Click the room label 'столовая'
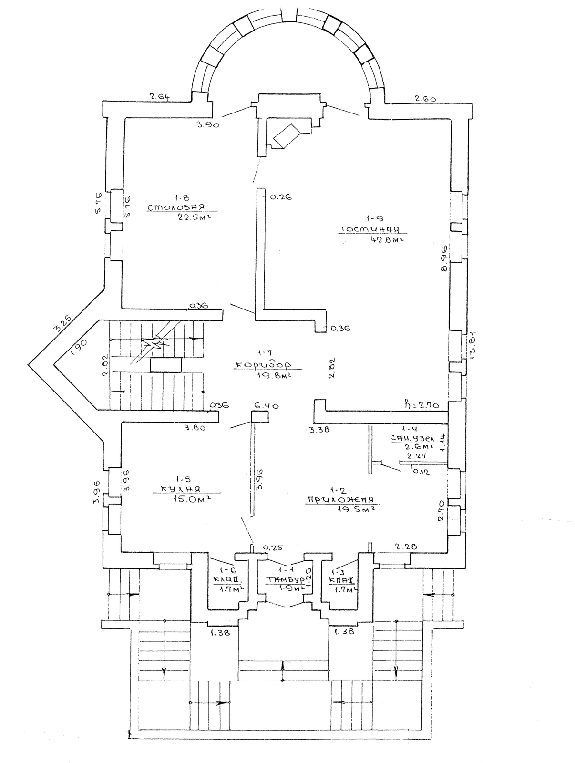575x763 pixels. pyautogui.click(x=175, y=207)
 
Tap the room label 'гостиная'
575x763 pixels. pyautogui.click(x=370, y=229)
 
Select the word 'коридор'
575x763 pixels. pyautogui.click(x=263, y=365)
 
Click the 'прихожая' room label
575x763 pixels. pyautogui.click(x=342, y=500)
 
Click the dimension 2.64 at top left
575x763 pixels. pyautogui.click(x=160, y=96)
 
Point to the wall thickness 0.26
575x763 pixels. pyautogui.click(x=280, y=196)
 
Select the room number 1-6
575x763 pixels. pyautogui.click(x=226, y=570)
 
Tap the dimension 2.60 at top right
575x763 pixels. pyautogui.click(x=424, y=99)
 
